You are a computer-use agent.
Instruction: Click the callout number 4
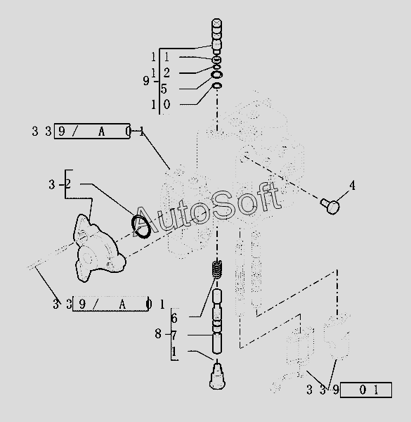tap(352, 186)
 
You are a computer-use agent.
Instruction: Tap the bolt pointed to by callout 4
tap(330, 206)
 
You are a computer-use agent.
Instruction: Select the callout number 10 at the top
tap(161, 104)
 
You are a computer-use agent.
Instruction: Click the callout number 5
tap(164, 89)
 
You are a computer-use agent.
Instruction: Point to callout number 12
tap(160, 73)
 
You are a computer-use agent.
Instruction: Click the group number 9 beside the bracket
tap(146, 81)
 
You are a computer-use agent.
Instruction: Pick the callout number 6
tap(174, 319)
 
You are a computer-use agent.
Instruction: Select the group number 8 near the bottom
tap(158, 334)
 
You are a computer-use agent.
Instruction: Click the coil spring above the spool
tap(217, 269)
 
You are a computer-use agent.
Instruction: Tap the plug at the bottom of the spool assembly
tap(217, 376)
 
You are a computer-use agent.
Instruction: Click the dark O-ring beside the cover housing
tap(141, 226)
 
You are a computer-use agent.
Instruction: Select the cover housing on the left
tap(99, 248)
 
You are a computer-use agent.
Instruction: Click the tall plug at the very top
tap(216, 37)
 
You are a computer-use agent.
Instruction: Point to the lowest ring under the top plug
tap(217, 86)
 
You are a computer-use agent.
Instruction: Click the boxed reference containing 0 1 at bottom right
tap(366, 390)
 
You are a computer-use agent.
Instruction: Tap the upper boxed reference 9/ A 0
tap(92, 132)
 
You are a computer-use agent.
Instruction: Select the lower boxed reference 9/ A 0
tap(110, 304)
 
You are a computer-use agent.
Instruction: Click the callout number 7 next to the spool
tap(174, 335)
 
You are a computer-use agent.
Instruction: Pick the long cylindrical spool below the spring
tap(217, 321)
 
